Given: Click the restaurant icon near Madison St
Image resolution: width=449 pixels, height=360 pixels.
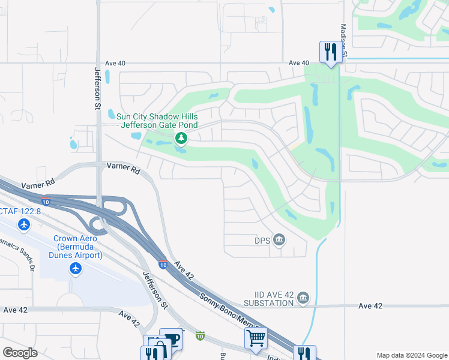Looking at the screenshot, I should pyautogui.click(x=329, y=52).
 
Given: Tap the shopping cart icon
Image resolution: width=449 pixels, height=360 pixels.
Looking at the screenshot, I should pyautogui.click(x=256, y=338).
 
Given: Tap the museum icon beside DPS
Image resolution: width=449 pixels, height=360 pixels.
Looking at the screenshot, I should pyautogui.click(x=279, y=240).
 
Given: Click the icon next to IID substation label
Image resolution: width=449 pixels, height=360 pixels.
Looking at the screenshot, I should pyautogui.click(x=303, y=298).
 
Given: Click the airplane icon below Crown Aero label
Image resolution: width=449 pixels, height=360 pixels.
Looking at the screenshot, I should pyautogui.click(x=76, y=268).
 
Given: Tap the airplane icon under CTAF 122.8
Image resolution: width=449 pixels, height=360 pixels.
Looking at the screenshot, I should pyautogui.click(x=24, y=224).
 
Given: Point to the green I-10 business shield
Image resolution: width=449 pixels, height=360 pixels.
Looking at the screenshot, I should pyautogui.click(x=200, y=337).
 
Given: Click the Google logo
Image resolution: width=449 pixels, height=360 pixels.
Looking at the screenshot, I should pyautogui.click(x=20, y=353).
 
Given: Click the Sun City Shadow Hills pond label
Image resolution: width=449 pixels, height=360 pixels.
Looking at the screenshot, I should pyautogui.click(x=157, y=121).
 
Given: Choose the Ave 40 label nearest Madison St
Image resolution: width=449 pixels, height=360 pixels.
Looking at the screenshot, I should pyautogui.click(x=298, y=63).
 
